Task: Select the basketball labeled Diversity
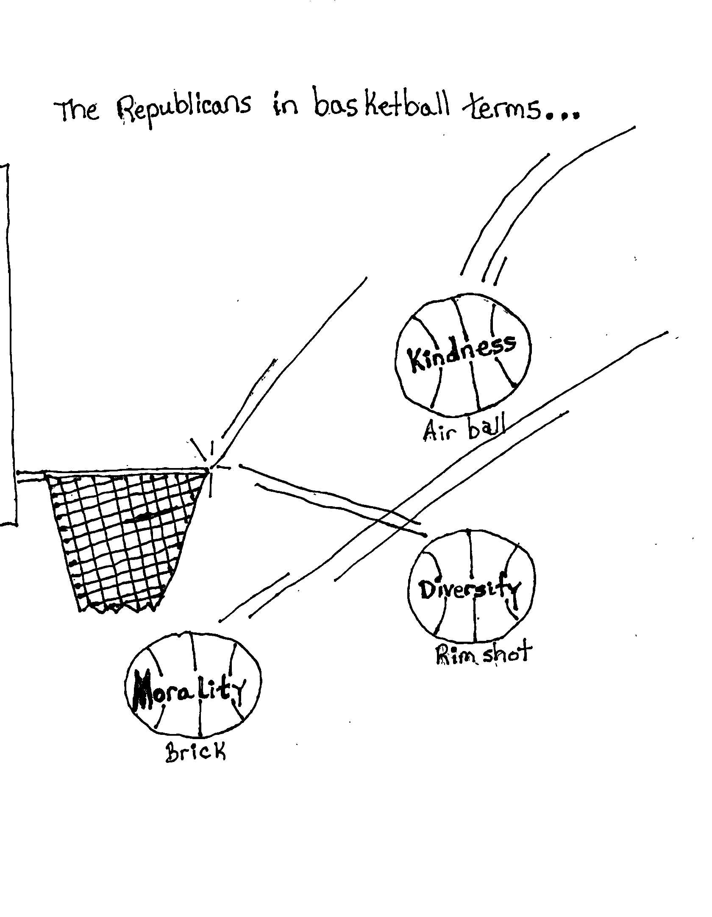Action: (x=471, y=592)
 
